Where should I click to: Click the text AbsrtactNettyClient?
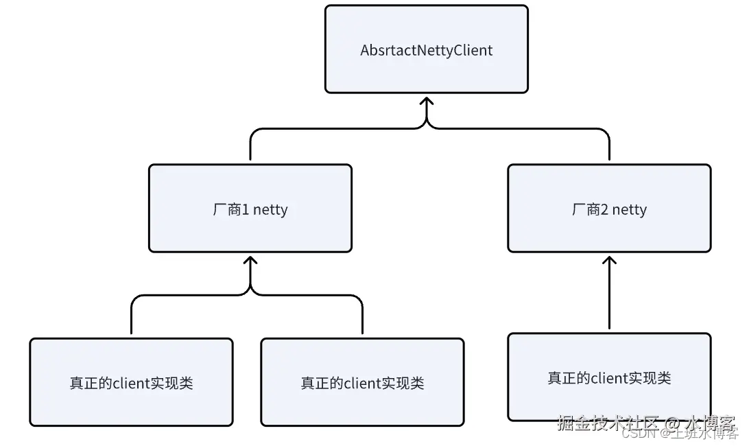[x=426, y=50]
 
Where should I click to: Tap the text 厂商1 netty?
[x=250, y=209]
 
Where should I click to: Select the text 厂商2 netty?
[x=609, y=209]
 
